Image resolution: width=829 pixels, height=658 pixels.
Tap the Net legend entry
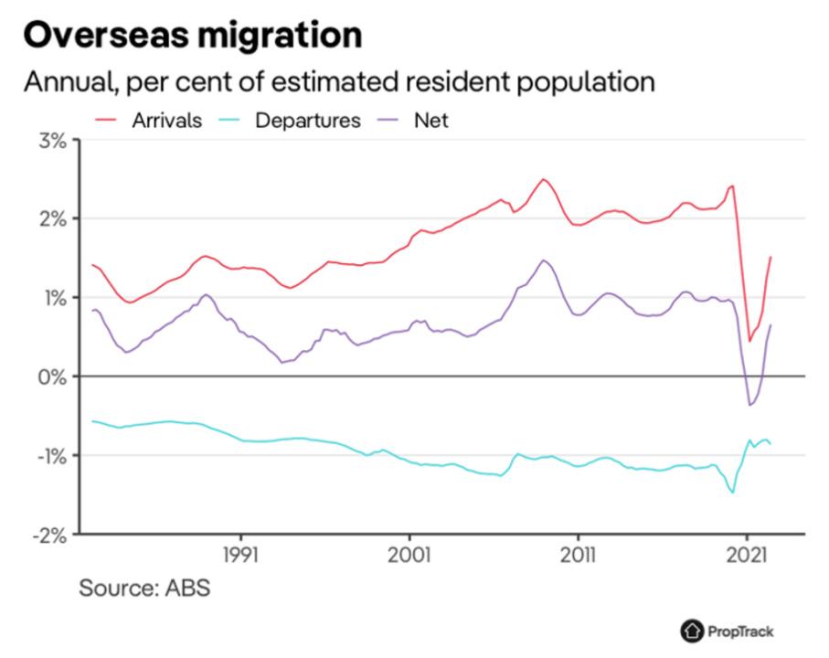click(431, 121)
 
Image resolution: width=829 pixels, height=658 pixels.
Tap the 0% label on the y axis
click(51, 377)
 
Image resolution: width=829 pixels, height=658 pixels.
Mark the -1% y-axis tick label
click(49, 455)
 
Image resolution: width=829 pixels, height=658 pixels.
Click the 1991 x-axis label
click(241, 554)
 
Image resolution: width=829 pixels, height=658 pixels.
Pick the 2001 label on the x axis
click(409, 554)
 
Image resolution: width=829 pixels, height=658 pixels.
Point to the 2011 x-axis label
click(577, 554)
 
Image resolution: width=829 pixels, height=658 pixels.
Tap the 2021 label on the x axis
click(747, 554)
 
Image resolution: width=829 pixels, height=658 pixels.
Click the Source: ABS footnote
click(144, 587)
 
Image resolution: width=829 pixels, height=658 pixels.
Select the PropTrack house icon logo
click(692, 631)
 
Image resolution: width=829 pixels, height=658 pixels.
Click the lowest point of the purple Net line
click(749, 405)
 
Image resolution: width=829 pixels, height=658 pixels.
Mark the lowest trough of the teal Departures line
click(733, 493)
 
